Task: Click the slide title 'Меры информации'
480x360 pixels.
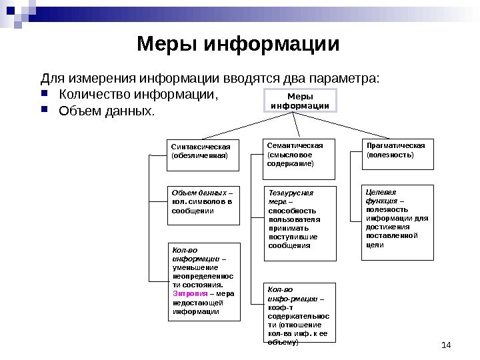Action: click(x=238, y=45)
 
